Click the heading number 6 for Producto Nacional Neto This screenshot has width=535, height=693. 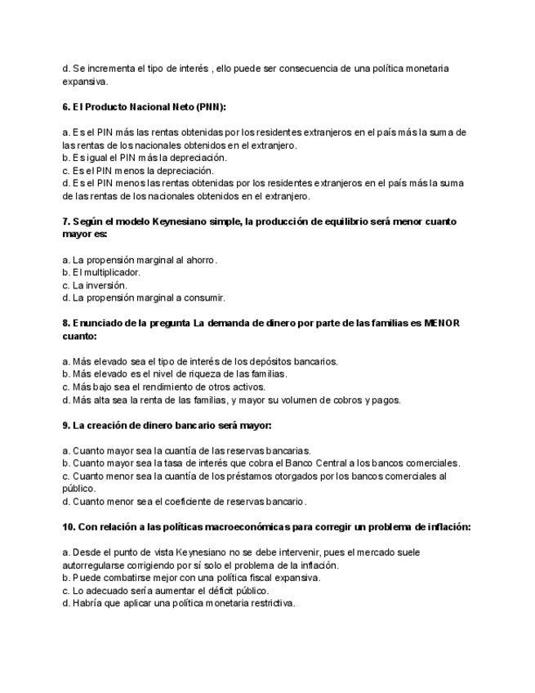[65, 107]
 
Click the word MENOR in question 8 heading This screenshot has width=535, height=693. [442, 323]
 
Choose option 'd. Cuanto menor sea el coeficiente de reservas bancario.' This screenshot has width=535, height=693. [184, 501]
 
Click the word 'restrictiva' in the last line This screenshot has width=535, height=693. [270, 603]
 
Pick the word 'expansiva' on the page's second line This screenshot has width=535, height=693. [85, 81]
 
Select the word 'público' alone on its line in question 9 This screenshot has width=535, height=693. [78, 488]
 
